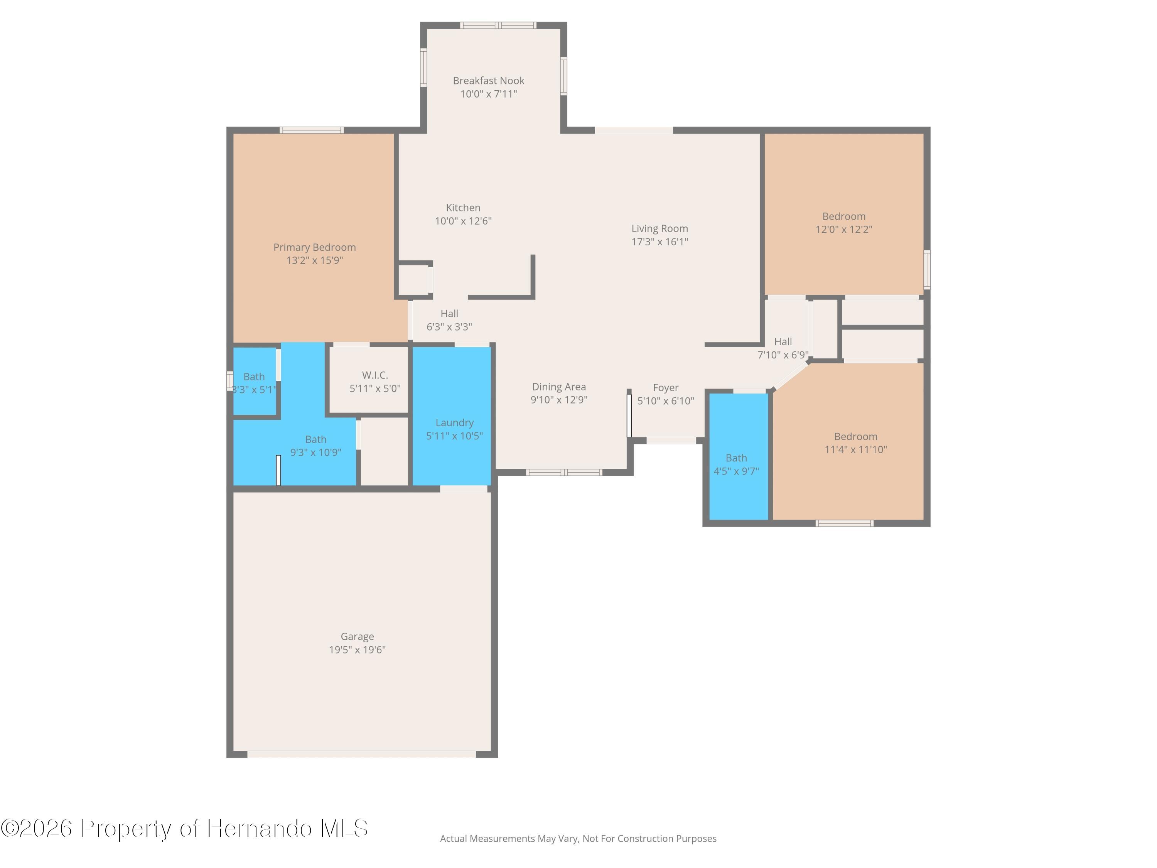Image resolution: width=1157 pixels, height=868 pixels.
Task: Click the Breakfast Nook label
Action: click(489, 81)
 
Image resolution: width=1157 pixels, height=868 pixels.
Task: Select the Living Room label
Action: click(659, 229)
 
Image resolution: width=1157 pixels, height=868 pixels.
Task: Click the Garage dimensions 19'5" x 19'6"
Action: click(357, 649)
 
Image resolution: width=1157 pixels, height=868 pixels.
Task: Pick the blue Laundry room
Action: click(452, 416)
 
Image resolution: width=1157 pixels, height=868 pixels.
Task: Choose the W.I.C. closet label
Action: click(375, 375)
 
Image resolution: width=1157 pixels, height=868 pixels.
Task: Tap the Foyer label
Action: click(665, 388)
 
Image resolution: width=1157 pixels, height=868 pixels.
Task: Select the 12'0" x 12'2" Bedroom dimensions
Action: click(844, 229)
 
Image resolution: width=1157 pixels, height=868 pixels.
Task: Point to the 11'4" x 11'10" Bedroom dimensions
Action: click(856, 449)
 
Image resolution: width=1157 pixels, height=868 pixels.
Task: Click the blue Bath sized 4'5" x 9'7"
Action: click(739, 457)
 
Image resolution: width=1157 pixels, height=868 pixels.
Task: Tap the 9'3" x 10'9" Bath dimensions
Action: click(315, 453)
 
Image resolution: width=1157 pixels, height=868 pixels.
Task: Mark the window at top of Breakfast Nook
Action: click(498, 25)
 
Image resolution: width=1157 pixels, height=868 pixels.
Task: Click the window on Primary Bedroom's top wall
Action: click(311, 130)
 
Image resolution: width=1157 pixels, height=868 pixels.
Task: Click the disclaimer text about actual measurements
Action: click(578, 839)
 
